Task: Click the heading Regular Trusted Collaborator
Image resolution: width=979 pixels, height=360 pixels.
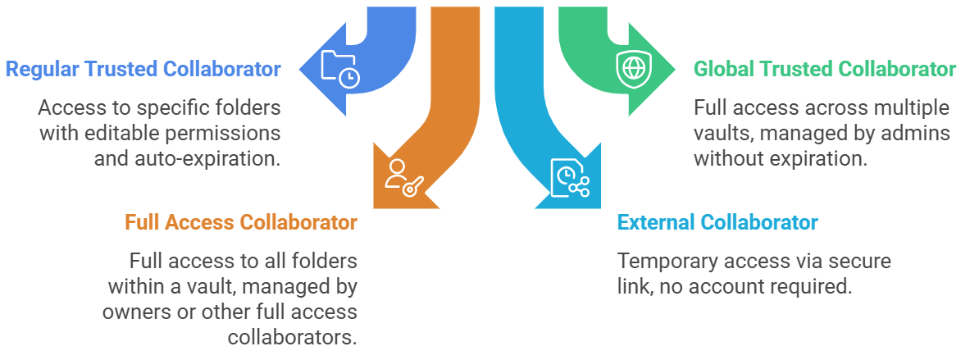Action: click(x=143, y=69)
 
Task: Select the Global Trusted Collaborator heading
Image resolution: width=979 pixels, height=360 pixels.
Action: click(x=825, y=69)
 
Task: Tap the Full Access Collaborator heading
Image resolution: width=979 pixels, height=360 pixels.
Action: click(x=241, y=222)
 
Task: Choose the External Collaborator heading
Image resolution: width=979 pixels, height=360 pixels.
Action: click(x=717, y=222)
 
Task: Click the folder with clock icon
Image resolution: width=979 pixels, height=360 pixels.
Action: click(x=339, y=69)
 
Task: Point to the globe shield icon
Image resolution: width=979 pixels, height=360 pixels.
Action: click(x=632, y=67)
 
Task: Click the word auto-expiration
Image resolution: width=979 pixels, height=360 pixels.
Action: click(x=207, y=157)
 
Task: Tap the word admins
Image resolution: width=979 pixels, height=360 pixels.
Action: click(x=920, y=133)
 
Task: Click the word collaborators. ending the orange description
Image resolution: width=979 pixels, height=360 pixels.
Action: click(x=292, y=337)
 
